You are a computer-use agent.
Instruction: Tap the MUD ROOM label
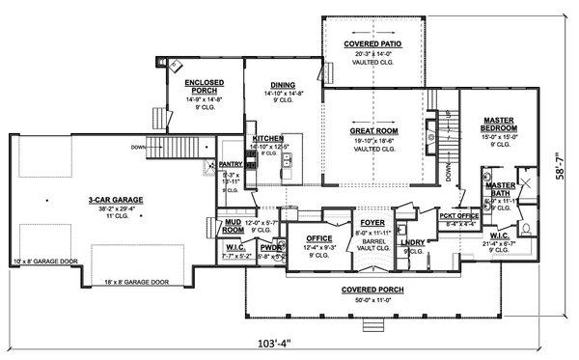(233, 228)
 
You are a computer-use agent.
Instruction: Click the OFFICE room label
(318, 237)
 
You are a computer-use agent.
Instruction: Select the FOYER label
(372, 222)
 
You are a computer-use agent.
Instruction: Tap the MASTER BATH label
(501, 188)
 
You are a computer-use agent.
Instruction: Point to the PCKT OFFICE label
(459, 217)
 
